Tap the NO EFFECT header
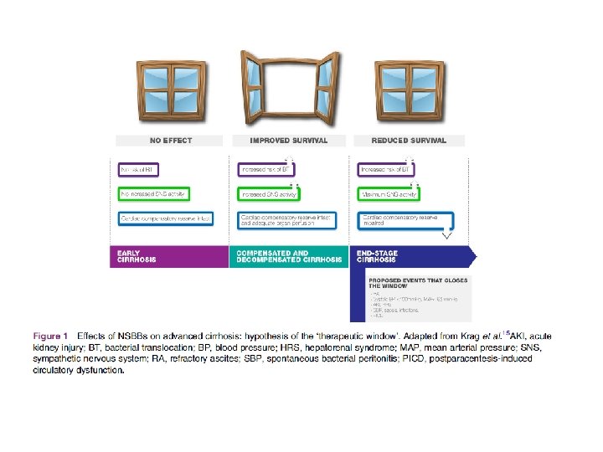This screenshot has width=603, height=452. pos(171,141)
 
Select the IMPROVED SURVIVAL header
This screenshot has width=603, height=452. pos(289,141)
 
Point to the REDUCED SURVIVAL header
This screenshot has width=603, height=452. pos(410,141)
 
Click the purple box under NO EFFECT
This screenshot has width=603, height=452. pos(152,170)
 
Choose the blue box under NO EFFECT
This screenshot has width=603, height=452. pos(165,219)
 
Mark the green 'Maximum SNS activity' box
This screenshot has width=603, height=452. pos(390,194)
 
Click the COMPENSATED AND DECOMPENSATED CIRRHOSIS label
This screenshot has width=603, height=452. pos(288,256)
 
